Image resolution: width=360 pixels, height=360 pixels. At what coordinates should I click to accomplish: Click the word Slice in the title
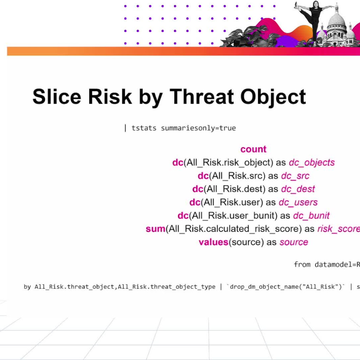tap(57, 96)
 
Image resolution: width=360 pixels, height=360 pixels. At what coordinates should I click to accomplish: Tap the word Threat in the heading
tap(201, 96)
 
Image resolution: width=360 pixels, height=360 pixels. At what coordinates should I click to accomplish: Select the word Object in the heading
tap(273, 97)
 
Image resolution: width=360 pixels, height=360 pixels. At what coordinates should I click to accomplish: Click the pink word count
tap(253, 149)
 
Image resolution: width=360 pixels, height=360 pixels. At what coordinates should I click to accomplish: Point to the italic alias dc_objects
tap(311, 162)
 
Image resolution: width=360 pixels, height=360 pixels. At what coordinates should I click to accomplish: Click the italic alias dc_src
tap(295, 176)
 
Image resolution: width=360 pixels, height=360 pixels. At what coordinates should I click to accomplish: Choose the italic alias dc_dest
tap(298, 189)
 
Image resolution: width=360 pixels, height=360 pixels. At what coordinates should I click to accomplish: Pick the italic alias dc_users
tap(298, 202)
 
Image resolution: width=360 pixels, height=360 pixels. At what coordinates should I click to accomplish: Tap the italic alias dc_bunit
tap(311, 216)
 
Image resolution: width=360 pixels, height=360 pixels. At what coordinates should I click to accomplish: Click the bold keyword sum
tap(155, 229)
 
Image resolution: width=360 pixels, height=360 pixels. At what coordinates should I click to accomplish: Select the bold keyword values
tap(213, 242)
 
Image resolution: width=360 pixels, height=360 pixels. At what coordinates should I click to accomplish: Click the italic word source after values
tap(294, 242)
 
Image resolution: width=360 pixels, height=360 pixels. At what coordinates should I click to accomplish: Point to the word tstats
tap(144, 128)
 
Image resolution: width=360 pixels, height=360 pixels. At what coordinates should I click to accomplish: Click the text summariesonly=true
tap(198, 128)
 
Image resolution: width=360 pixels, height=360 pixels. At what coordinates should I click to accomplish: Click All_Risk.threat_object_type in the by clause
tap(166, 287)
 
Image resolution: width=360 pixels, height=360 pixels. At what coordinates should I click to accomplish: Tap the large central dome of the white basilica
tap(336, 22)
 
